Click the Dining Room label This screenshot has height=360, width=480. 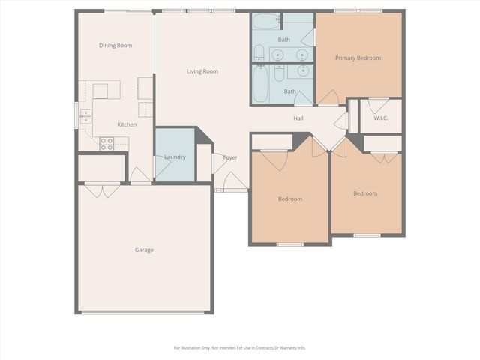[x=115, y=46]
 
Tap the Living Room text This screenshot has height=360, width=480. [x=202, y=71]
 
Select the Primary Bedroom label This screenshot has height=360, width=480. [x=358, y=58]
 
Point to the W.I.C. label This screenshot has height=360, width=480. [x=380, y=118]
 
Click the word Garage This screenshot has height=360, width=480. [x=144, y=250]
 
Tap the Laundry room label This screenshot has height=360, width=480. [x=175, y=157]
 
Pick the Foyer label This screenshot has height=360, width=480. [x=230, y=157]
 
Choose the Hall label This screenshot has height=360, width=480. [x=298, y=118]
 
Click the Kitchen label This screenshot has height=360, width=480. [x=127, y=124]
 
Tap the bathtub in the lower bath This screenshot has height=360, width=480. [x=260, y=84]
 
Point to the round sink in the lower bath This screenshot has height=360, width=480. [x=304, y=71]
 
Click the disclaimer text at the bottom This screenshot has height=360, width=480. [x=240, y=347]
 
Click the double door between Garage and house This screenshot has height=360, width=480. [x=102, y=190]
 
